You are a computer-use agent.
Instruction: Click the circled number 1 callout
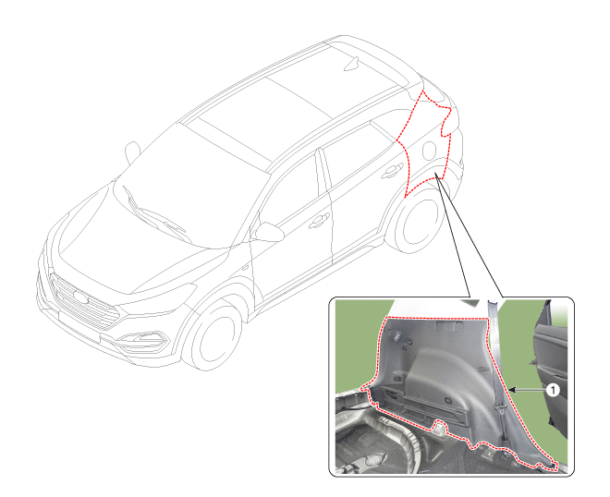553,389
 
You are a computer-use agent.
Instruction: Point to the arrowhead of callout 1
512,389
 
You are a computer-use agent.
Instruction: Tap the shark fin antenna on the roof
351,64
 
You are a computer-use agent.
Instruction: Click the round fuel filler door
429,150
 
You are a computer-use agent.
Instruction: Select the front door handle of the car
318,222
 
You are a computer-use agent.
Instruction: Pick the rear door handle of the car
391,172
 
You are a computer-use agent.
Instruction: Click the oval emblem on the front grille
80,297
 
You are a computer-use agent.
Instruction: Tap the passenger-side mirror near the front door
268,232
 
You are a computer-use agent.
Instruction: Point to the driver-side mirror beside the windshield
132,152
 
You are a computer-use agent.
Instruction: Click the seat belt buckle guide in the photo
500,407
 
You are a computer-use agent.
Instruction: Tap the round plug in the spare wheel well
372,460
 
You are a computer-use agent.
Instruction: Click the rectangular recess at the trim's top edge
450,326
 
